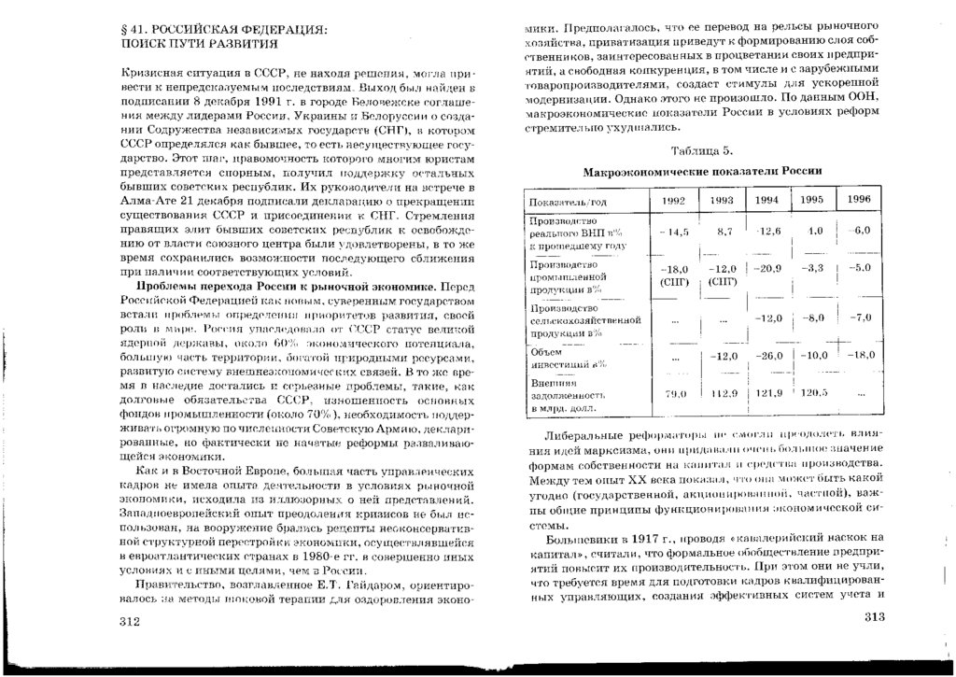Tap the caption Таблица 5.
coord(702,150)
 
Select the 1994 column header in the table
coord(766,200)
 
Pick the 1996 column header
coord(859,199)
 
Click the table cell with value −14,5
coord(673,232)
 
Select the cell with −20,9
coord(767,268)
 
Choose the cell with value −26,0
coord(768,355)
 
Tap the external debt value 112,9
coord(723,393)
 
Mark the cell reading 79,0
coord(674,394)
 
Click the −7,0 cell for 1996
coord(860,317)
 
